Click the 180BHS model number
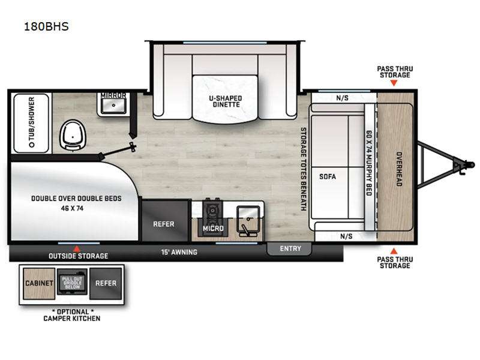coord(46,26)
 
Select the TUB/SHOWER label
coord(31,122)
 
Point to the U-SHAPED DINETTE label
coord(226,101)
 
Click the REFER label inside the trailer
coord(164,224)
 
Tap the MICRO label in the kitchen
coord(213,229)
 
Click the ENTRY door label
coord(290,248)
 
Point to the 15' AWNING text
coord(179,252)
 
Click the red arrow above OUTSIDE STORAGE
coord(77,249)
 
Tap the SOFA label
coord(328,176)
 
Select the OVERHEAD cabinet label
coord(399,169)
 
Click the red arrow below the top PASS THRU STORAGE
coord(394,83)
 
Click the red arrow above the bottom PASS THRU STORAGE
coord(394,251)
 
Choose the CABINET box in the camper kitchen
coord(39,283)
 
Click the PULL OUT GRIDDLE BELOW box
coord(72,282)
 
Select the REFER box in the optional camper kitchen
coord(106,283)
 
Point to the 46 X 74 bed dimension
coord(72,208)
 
